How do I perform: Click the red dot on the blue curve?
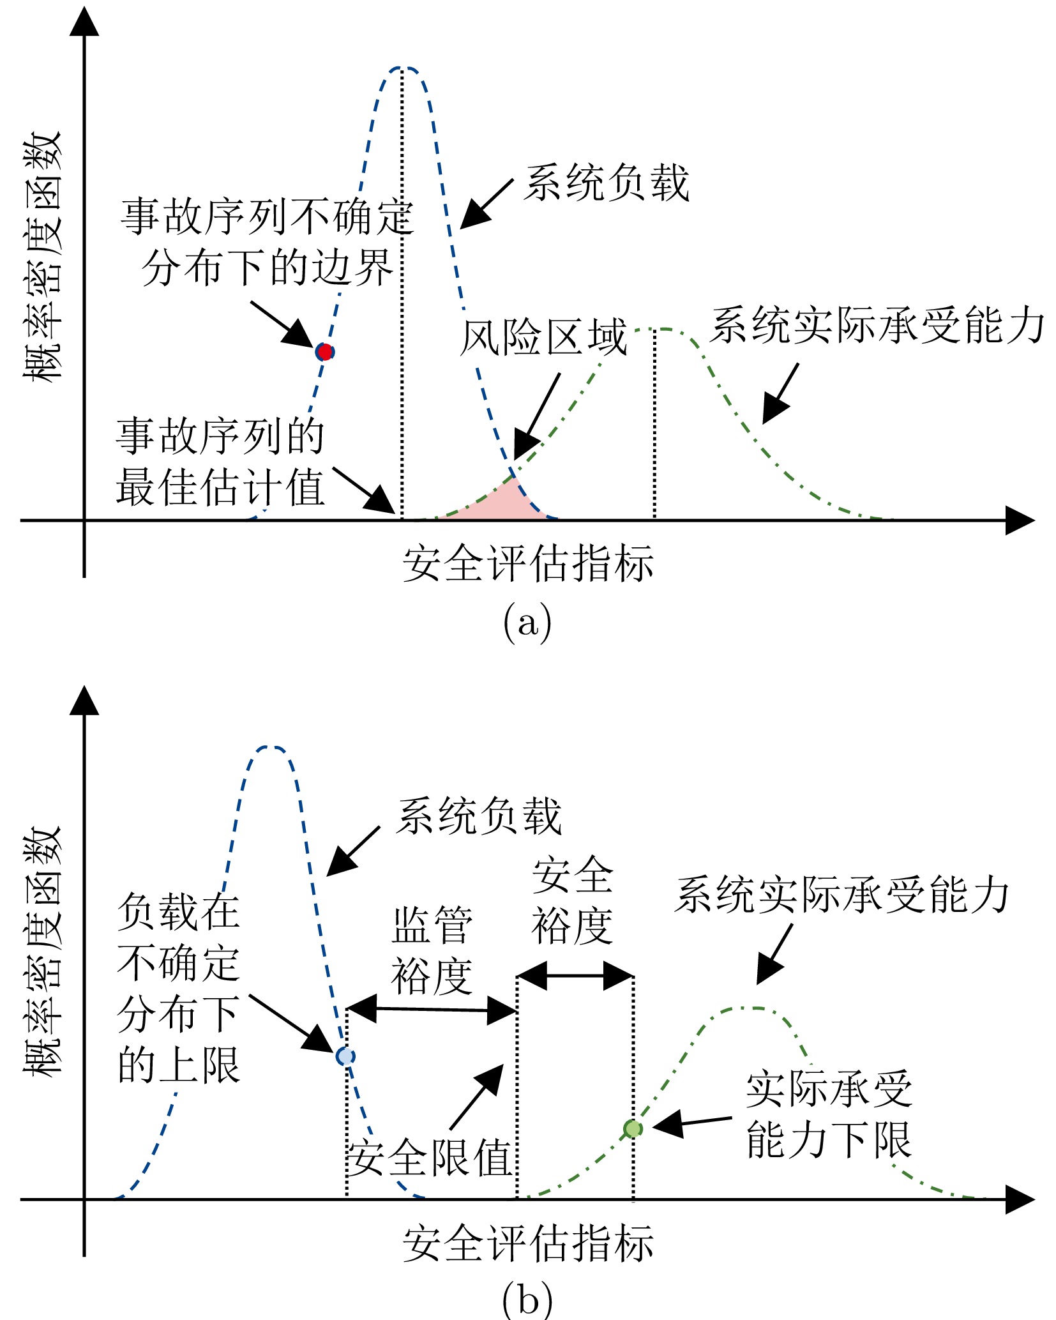325,352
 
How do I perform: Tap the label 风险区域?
543,337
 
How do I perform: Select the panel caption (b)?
527,1300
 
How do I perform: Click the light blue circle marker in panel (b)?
345,1056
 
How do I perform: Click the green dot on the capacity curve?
633,1128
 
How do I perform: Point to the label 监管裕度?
432,951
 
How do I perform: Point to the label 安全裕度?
573,900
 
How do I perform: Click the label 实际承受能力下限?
829,1115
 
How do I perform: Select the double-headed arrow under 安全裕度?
575,976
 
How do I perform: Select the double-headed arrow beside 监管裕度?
432,1010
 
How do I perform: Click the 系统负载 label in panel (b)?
479,816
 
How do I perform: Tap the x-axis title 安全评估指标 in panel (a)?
528,563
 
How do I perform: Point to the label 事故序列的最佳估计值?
220,462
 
